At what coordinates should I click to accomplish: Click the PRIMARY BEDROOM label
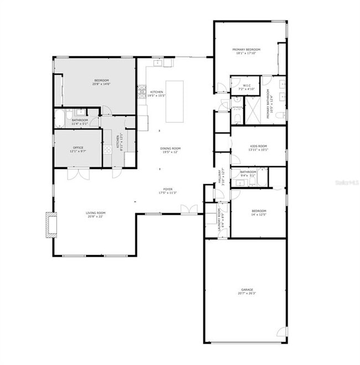pyautogui.click(x=246, y=49)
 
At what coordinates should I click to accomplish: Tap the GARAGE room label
pyautogui.click(x=246, y=290)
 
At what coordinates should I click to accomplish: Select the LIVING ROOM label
pyautogui.click(x=95, y=213)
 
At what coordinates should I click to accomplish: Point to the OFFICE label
pyautogui.click(x=78, y=147)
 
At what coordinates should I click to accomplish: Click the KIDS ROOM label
pyautogui.click(x=258, y=146)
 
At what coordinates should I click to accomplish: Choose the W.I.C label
pyautogui.click(x=246, y=85)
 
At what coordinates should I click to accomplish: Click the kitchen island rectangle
pyautogui.click(x=174, y=101)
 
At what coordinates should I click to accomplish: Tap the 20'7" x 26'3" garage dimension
pyautogui.click(x=246, y=294)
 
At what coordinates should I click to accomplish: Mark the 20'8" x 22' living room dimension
pyautogui.click(x=95, y=217)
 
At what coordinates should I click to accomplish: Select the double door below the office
pyautogui.click(x=78, y=174)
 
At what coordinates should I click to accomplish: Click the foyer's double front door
pyautogui.click(x=188, y=209)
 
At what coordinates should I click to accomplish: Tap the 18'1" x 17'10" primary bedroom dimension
pyautogui.click(x=246, y=53)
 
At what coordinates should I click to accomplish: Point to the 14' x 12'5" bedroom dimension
pyautogui.click(x=259, y=214)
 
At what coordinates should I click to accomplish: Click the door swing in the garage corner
pyautogui.click(x=282, y=332)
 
